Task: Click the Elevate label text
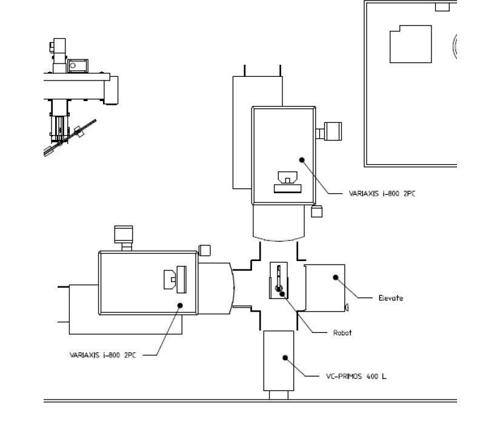tap(390, 298)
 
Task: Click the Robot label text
tap(342, 332)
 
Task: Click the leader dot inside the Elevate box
tap(335, 277)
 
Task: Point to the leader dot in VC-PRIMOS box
tap(284, 357)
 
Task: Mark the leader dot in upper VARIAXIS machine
tap(301, 160)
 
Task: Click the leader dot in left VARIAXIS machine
tap(179, 305)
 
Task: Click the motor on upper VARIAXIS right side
tap(333, 131)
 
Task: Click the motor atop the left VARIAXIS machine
tap(124, 234)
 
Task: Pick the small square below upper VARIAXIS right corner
tap(315, 211)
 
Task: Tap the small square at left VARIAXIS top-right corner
tap(205, 249)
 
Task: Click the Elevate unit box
tap(324, 288)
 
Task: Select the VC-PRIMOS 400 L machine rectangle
tap(279, 360)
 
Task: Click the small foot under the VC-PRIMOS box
tap(279, 395)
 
